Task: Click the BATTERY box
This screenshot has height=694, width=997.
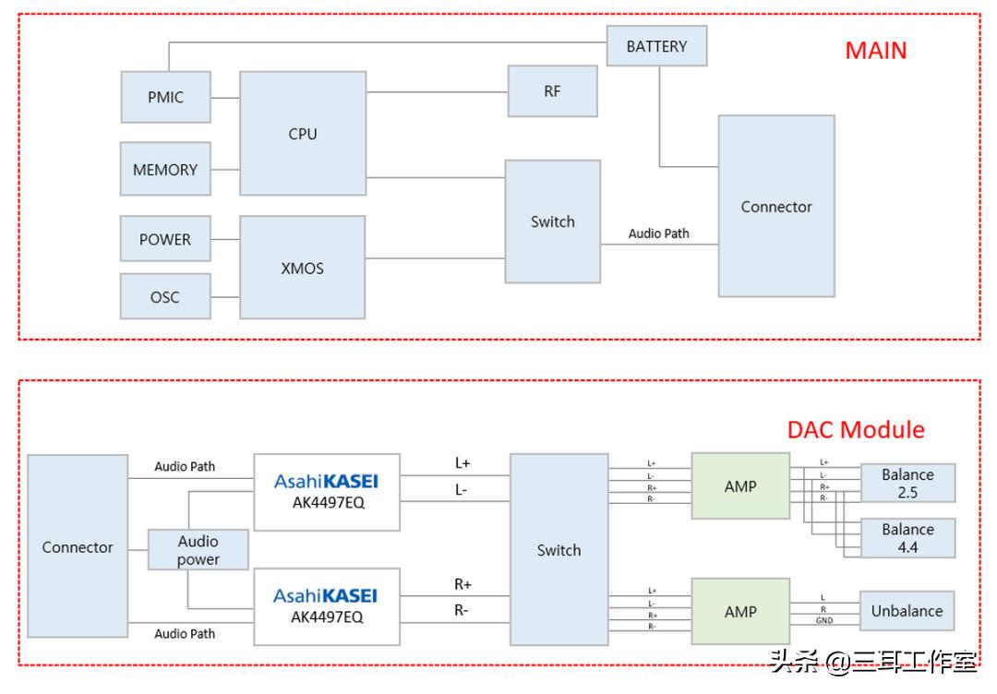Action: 656,46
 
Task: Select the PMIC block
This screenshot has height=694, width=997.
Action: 165,97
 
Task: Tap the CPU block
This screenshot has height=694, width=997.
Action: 302,134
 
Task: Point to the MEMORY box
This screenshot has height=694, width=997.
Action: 165,170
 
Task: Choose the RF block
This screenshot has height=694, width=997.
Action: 552,91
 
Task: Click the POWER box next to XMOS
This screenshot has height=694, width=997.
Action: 165,239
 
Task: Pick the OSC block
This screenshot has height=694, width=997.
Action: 165,297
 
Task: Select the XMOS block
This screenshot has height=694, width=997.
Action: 302,268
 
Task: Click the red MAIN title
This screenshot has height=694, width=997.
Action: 875,51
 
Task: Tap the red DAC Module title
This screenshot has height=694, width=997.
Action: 855,430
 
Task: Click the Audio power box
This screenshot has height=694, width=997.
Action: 198,550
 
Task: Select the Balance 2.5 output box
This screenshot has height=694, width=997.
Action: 907,484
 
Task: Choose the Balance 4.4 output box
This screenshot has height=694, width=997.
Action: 907,538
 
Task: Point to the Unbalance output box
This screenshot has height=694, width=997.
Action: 907,611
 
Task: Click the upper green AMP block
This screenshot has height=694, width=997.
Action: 740,486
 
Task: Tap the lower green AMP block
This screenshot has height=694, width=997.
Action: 740,611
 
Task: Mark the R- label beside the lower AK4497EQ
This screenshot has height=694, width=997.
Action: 462,610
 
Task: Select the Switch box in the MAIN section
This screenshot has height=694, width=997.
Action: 552,221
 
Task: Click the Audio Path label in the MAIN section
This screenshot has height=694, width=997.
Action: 658,233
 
